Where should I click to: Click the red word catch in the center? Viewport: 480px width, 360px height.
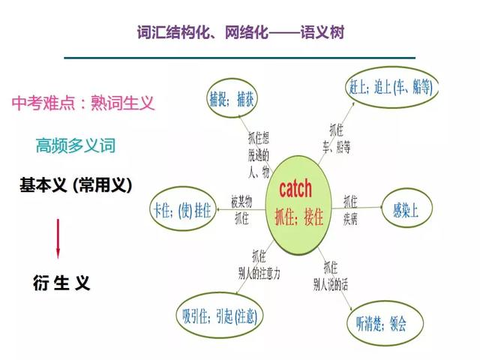click(295, 188)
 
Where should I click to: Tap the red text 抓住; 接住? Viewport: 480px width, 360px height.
click(299, 217)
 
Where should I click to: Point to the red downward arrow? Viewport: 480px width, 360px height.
click(58, 238)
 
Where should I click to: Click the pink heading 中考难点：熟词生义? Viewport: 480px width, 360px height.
click(83, 103)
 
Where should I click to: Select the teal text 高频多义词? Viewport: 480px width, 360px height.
click(76, 145)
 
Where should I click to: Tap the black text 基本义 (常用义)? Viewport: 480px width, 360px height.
click(76, 185)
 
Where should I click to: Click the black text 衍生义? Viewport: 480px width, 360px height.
click(61, 282)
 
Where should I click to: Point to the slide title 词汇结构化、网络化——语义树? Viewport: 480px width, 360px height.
click(241, 32)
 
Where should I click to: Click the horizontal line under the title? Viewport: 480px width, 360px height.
click(240, 58)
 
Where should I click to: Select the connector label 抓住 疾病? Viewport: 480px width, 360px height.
click(350, 210)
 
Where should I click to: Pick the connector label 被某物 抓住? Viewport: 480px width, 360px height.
click(241, 210)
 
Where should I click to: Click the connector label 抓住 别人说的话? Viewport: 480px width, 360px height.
click(331, 276)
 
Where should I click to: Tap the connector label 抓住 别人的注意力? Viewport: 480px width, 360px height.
click(259, 265)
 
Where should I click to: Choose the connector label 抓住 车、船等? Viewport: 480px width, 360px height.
click(337, 138)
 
